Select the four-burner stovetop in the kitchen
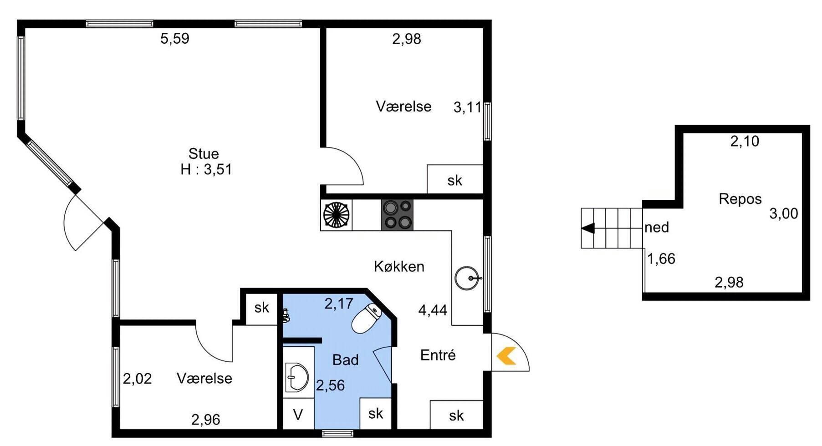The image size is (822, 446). tap(398, 214)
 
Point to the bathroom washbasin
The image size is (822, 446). tap(296, 377)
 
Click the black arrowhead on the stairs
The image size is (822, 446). tap(588, 228)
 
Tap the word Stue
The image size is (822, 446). tap(204, 153)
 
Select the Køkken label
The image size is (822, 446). tap(399, 266)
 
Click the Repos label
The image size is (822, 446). tap(740, 199)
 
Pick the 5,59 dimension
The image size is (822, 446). tap(175, 38)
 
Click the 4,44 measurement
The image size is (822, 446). tap(433, 310)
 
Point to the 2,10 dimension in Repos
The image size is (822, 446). tap(745, 142)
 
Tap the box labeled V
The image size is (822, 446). tap(298, 414)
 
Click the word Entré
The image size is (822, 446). tap(438, 355)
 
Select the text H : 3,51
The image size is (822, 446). tap(206, 169)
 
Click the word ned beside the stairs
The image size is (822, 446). tap(657, 227)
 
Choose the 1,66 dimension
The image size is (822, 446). tap(661, 259)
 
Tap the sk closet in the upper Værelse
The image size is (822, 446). tap(455, 179)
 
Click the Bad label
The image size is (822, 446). tap(345, 360)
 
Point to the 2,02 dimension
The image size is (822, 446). tap(137, 379)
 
